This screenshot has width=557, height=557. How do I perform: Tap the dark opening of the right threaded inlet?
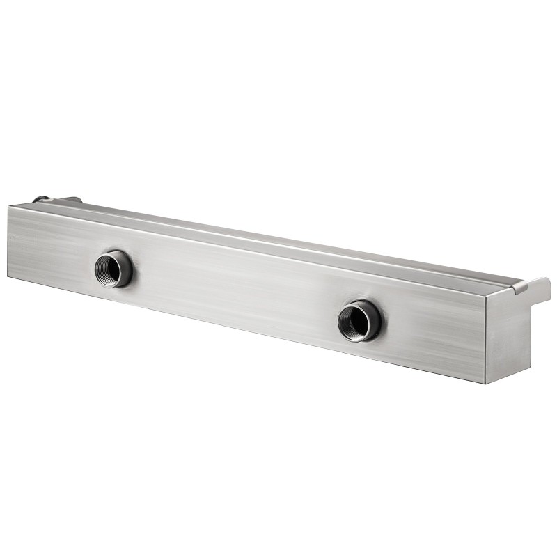357,320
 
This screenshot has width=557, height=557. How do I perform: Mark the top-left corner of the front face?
10,207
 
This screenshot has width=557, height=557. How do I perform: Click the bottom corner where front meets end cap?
485,382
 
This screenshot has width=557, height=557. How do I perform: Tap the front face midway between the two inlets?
237,292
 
